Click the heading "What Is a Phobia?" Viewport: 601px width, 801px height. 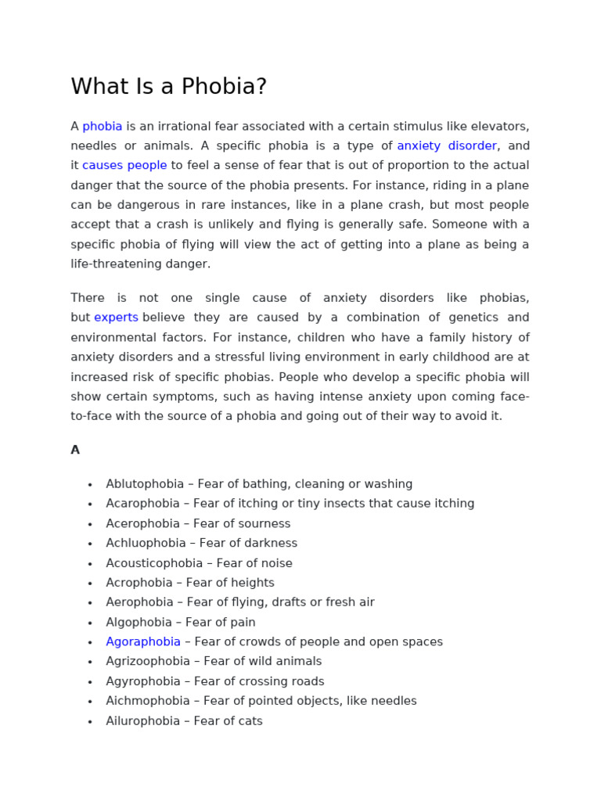[x=169, y=87]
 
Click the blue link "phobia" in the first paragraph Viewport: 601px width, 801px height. [x=103, y=126]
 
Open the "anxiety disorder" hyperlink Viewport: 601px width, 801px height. [x=447, y=145]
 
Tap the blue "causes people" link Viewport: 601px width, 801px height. [x=124, y=165]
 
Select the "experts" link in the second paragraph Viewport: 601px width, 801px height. [x=116, y=318]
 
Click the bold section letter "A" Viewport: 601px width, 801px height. [x=75, y=450]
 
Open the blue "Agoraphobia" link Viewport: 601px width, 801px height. [x=143, y=642]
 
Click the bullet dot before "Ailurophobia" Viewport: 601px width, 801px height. [x=90, y=722]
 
